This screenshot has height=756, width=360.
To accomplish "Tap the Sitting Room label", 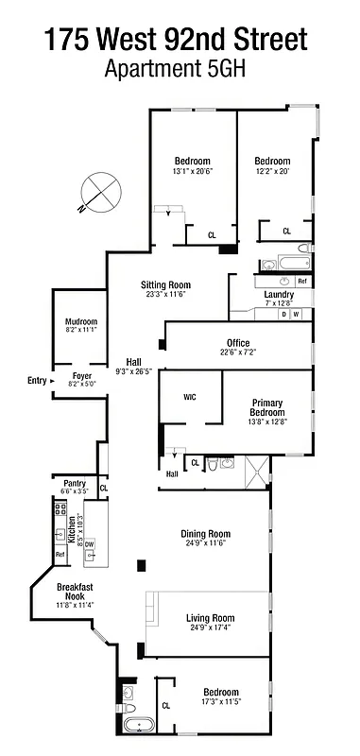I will click(x=166, y=284).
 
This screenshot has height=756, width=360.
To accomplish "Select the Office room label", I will click(x=238, y=342).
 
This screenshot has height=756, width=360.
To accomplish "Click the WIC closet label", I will click(x=189, y=397).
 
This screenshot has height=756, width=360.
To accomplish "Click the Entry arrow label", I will click(x=40, y=381).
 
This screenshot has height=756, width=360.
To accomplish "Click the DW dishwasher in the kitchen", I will click(x=90, y=544).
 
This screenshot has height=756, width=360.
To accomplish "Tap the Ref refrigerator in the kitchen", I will click(x=60, y=555).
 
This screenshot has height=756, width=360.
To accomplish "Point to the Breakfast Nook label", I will click(x=76, y=592).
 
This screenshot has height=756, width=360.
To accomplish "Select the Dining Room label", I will click(x=206, y=534).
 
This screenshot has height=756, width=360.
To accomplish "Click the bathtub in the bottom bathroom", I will click(x=139, y=729).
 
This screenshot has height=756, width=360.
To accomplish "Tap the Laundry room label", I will click(x=279, y=294).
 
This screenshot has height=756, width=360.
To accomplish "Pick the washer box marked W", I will click(x=297, y=314).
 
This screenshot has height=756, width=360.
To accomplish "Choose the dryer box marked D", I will click(x=283, y=314).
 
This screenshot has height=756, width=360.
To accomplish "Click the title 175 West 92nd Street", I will click(x=176, y=41).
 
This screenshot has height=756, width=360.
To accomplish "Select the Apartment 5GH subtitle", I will click(x=176, y=68).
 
